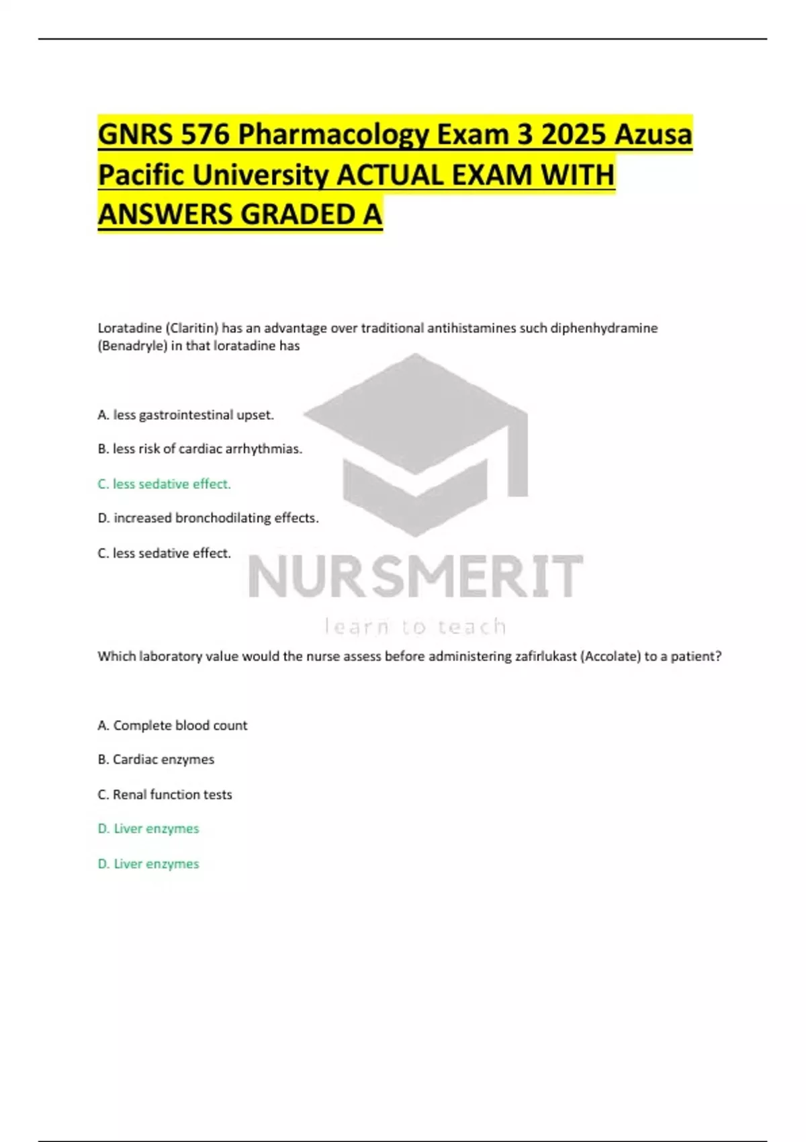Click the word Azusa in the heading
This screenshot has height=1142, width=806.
[x=654, y=134]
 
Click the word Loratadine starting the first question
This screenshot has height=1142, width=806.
[x=130, y=328]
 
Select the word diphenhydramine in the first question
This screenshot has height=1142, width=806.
[x=604, y=328]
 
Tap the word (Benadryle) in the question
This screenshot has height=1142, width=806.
[x=132, y=346]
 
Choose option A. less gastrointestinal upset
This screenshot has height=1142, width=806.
[x=185, y=415]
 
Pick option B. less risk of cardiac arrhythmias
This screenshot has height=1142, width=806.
[x=199, y=449]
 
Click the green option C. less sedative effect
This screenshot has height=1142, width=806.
[x=164, y=484]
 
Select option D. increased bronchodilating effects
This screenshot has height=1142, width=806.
[x=208, y=518]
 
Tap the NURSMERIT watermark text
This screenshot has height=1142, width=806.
[x=415, y=576]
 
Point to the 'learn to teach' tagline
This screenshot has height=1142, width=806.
[x=415, y=627]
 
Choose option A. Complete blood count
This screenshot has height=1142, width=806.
[x=172, y=726]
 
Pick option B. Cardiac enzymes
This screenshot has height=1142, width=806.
[x=156, y=760]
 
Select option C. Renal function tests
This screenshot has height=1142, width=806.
[x=165, y=795]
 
